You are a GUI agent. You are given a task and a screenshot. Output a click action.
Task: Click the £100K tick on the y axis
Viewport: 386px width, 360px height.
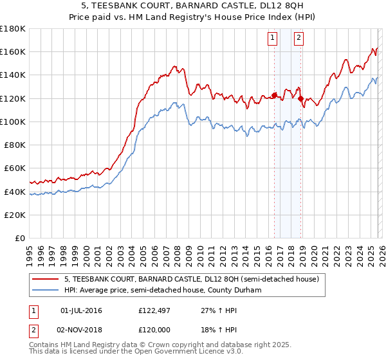pos(13,122)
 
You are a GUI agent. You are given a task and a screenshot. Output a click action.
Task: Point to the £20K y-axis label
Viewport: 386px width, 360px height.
pos(15,215)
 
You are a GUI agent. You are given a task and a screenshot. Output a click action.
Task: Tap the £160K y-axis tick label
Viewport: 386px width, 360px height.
pos(13,51)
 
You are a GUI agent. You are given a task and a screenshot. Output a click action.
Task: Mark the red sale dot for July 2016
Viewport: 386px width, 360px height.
pos(274,95)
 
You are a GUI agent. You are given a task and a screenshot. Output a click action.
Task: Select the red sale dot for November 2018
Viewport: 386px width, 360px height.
pos(300,98)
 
